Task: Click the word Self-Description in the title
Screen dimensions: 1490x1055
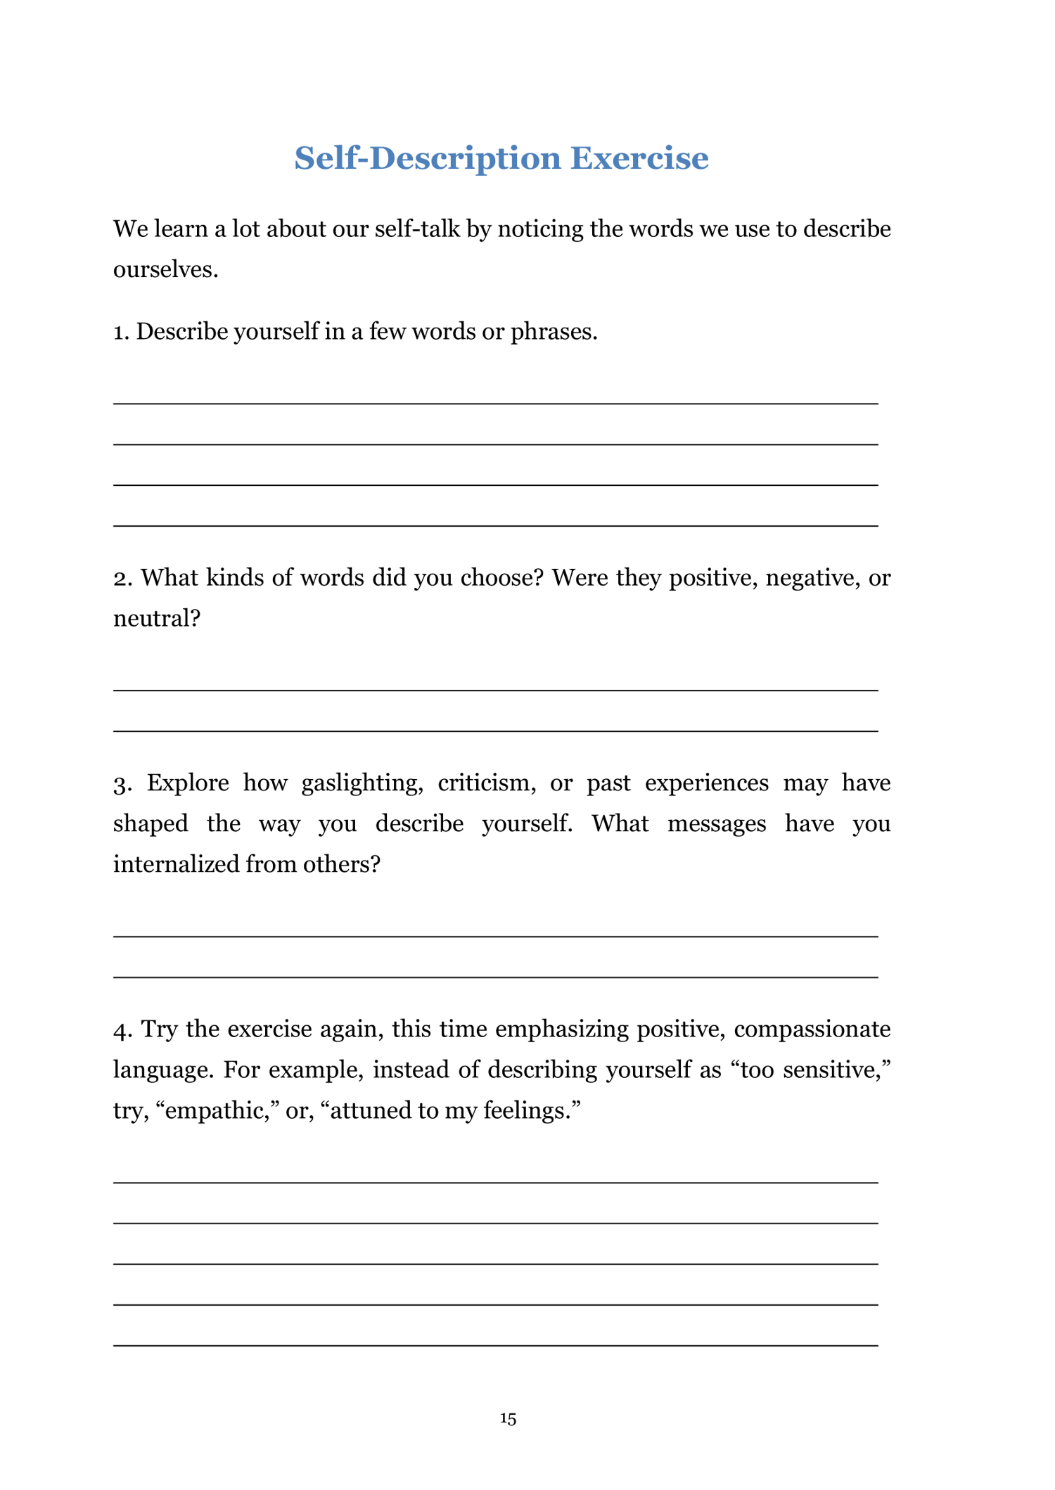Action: click(x=428, y=158)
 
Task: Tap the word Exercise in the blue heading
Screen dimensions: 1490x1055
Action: click(x=639, y=158)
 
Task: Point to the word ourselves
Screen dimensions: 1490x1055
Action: click(x=165, y=270)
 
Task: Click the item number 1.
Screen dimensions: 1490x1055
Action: click(x=121, y=332)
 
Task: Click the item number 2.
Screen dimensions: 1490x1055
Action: click(x=122, y=578)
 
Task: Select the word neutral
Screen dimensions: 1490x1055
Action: click(x=156, y=619)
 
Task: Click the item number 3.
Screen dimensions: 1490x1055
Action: click(x=122, y=783)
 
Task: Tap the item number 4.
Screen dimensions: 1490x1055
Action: click(x=122, y=1029)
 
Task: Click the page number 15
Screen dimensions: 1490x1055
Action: click(x=508, y=1419)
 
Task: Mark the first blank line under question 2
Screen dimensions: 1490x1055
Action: click(x=496, y=691)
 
